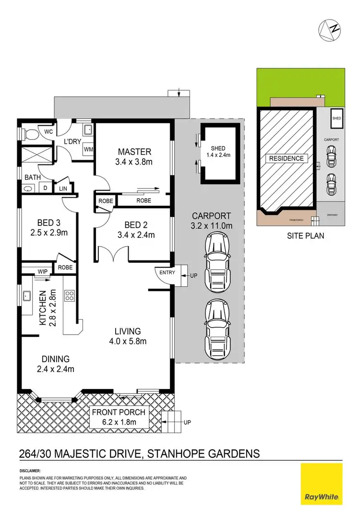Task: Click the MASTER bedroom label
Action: click(134, 151)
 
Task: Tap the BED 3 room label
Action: click(52, 223)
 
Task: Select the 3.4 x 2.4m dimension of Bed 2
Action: click(135, 235)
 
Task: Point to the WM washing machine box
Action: click(88, 149)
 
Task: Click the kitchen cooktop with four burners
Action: click(70, 295)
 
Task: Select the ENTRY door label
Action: click(168, 273)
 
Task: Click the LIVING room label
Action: click(127, 331)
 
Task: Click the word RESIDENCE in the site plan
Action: click(286, 159)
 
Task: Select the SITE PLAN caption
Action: click(305, 236)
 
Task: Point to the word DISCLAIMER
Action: click(30, 471)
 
